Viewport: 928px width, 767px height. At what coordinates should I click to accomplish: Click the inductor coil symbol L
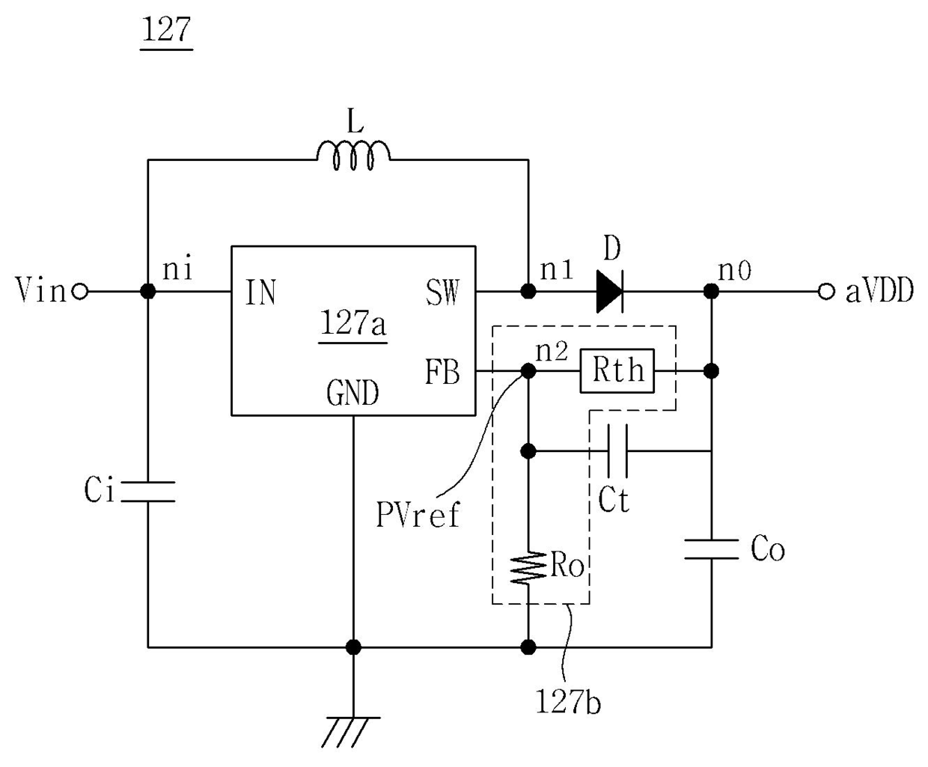pos(353,156)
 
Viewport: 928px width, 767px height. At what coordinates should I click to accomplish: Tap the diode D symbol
pos(610,292)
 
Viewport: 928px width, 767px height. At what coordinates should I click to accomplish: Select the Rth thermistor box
pos(617,371)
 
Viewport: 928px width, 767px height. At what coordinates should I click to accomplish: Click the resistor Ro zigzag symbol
pos(528,567)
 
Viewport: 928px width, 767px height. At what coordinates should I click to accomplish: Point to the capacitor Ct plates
pos(617,451)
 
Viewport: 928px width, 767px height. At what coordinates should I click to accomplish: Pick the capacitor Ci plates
pos(148,492)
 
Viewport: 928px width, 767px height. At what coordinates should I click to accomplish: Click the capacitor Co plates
pos(711,549)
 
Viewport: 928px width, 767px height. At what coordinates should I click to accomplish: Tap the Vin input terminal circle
pos(80,292)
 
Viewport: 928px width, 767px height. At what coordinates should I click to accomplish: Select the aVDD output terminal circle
pos(826,292)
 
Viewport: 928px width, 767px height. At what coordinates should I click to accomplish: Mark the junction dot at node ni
pos(148,292)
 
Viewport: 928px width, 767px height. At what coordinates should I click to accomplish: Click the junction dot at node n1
pos(528,292)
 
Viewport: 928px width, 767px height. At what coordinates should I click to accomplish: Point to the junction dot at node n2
pos(528,370)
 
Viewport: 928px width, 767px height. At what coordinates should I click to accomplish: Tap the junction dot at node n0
pos(711,292)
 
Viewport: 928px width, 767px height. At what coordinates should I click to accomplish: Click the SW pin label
pos(442,293)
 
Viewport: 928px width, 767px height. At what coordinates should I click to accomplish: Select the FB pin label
pos(442,371)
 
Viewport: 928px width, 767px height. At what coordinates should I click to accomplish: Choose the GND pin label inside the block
pos(353,393)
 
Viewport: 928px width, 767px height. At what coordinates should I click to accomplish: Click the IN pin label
pos(261,292)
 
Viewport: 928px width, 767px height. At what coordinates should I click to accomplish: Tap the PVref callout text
pos(418,515)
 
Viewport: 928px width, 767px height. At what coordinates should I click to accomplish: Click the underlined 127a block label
pos(353,323)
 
